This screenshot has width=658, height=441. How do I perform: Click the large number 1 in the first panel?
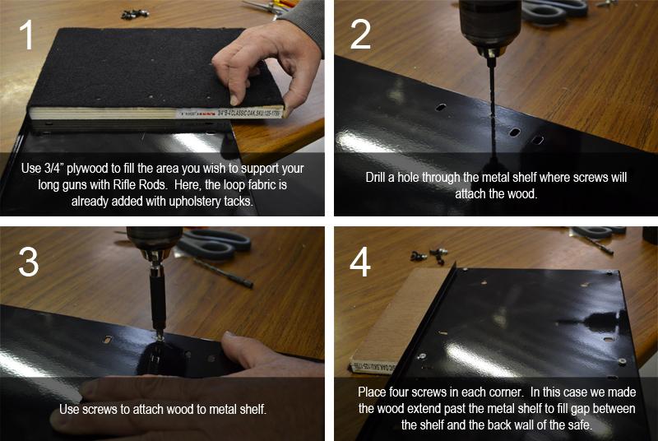tap(27, 35)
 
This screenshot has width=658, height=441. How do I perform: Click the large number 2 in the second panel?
tap(360, 35)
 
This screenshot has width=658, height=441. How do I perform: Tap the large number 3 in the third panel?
tap(28, 262)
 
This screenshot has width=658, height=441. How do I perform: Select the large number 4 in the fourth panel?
tap(360, 262)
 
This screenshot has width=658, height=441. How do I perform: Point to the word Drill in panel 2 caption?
tap(376, 178)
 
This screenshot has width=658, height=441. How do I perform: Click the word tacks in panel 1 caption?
tap(239, 202)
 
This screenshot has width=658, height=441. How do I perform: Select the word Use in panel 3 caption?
tap(67, 409)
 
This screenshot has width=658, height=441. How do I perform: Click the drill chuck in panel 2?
tap(489, 26)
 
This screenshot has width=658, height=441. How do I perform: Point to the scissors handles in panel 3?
tap(214, 244)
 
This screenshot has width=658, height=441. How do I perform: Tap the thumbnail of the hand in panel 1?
tap(234, 100)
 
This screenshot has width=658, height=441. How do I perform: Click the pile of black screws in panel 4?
tap(429, 255)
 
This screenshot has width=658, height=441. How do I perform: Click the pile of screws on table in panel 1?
tap(135, 14)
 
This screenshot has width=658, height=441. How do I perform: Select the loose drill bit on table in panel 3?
tap(224, 272)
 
